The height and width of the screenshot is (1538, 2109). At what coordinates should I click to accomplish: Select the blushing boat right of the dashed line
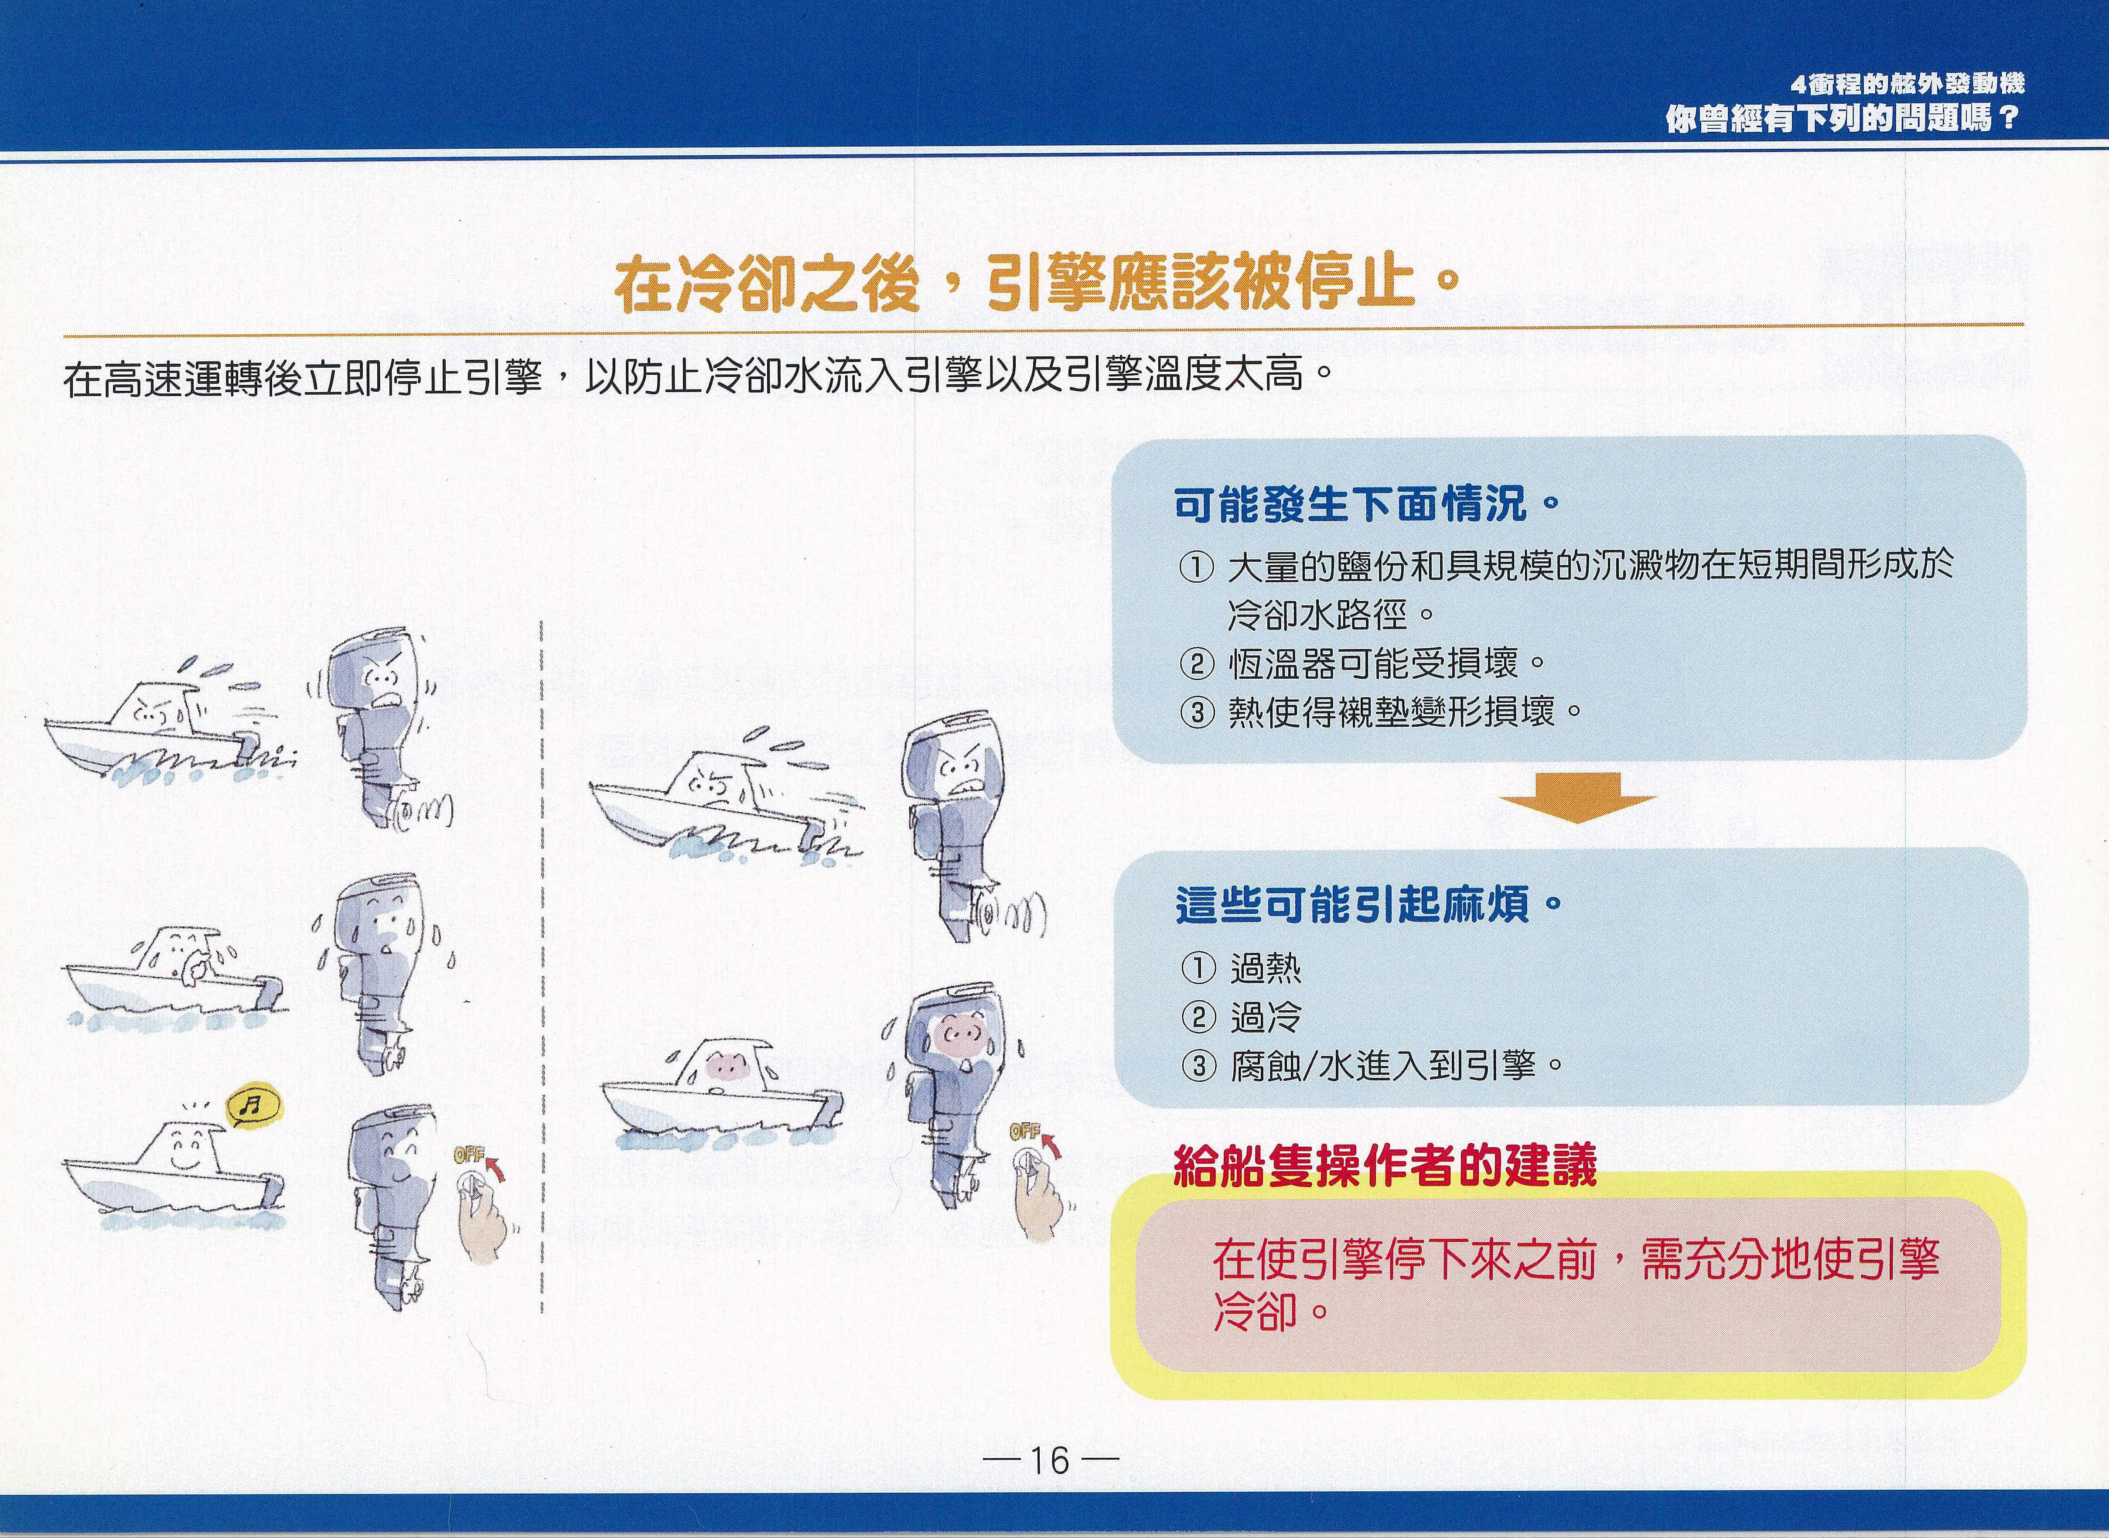click(x=722, y=1096)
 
